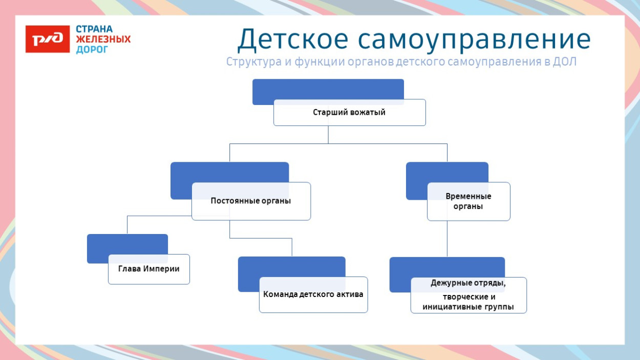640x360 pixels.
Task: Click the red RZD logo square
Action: click(x=48, y=39)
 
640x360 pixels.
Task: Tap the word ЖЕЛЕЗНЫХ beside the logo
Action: click(x=103, y=39)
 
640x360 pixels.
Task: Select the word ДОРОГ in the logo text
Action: click(x=92, y=50)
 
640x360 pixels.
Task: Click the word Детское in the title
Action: click(x=292, y=40)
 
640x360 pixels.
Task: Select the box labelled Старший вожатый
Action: click(x=349, y=113)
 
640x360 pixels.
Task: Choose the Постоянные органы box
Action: click(x=251, y=201)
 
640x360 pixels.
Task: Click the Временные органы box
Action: click(x=468, y=201)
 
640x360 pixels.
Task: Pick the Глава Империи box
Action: click(x=148, y=269)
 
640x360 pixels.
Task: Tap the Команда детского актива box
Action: click(x=313, y=294)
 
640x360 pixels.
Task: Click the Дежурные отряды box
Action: click(x=468, y=295)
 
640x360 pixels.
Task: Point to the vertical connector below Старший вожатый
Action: click(x=328, y=135)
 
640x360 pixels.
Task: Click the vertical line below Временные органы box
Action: click(x=447, y=238)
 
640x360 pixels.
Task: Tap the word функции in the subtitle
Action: click(x=310, y=62)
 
